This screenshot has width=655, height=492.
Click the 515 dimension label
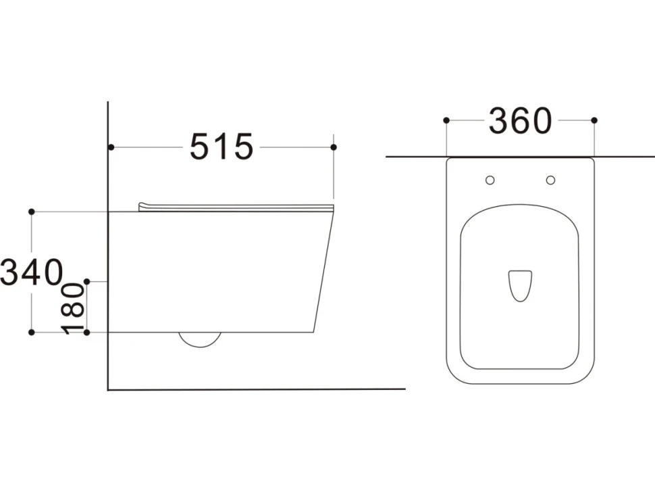[x=221, y=147]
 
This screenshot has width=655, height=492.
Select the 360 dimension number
[x=521, y=121]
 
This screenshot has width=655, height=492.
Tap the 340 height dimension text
[x=32, y=272]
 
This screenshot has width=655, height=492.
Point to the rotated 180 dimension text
[x=73, y=308]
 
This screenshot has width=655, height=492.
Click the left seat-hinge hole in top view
[x=490, y=180]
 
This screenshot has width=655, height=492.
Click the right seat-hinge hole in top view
[x=550, y=180]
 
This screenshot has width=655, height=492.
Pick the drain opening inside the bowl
[x=520, y=286]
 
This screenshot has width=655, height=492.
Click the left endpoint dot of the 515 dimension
[x=111, y=147]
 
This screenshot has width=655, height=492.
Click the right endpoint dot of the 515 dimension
[x=334, y=147]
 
